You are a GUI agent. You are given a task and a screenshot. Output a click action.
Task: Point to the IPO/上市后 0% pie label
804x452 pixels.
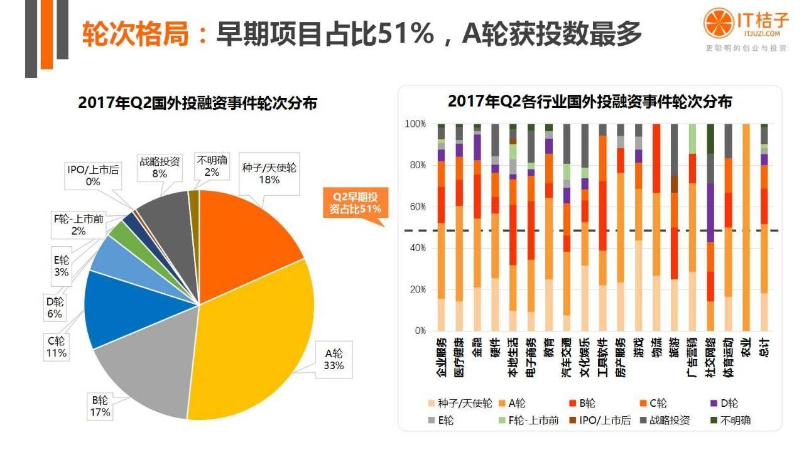tap(93, 175)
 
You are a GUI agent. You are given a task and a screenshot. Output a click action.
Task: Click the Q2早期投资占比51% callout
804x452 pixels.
tap(356, 203)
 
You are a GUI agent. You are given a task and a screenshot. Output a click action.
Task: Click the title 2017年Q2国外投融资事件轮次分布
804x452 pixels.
tap(198, 104)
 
